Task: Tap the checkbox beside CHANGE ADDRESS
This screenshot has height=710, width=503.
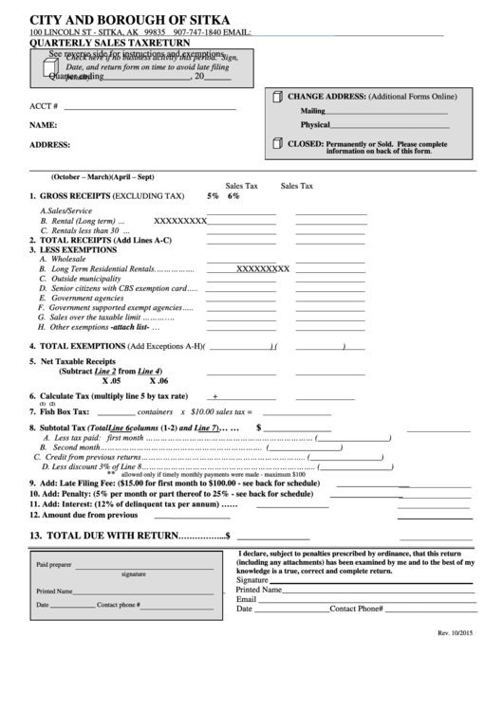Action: (278, 98)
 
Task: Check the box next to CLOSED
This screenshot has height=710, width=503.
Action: (278, 144)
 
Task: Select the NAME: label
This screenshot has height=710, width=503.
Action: (43, 125)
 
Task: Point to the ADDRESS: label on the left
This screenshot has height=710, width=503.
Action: (49, 145)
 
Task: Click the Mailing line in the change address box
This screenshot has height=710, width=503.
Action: (313, 111)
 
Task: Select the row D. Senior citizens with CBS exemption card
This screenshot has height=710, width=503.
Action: (118, 288)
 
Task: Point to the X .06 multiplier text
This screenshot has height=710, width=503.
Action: (148, 379)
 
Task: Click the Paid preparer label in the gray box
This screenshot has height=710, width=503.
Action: (54, 564)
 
